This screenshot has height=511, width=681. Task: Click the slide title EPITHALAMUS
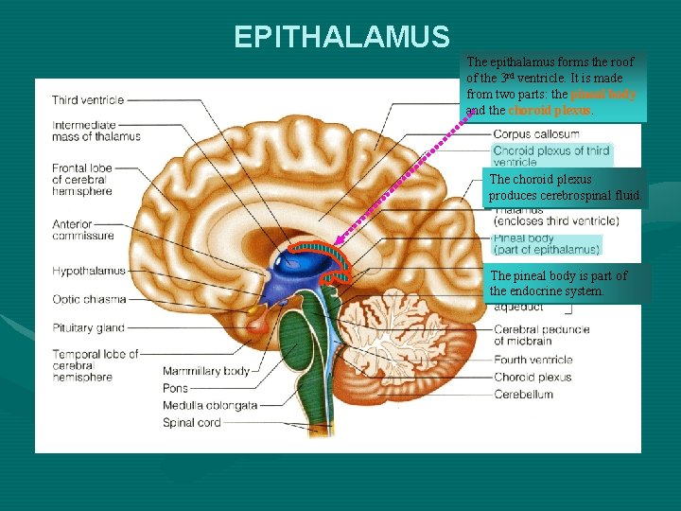coord(341,37)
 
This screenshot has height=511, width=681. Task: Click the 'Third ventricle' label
coord(88,100)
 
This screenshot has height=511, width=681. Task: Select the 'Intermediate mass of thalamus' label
coord(96,131)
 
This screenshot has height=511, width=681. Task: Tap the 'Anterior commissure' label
coord(83,230)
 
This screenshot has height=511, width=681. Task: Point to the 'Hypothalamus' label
coord(89,272)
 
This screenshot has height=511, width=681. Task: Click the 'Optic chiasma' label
coord(89,299)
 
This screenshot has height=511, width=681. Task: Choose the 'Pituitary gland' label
coord(89,328)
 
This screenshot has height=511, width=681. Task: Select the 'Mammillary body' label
coord(206,371)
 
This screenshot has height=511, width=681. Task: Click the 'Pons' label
coord(175,388)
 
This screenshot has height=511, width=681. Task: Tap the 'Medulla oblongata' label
coord(210,405)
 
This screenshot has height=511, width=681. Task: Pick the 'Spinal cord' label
coord(191,423)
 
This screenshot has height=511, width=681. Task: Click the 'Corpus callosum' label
coord(536,134)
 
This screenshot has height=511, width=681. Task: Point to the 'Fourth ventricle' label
coord(533,360)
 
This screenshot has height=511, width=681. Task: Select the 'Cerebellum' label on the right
coord(523,394)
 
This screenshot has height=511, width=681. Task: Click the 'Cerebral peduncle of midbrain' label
coord(541,335)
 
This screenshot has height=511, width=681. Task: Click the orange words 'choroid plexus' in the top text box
coord(556,111)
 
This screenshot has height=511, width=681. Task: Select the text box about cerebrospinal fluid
coord(564,187)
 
